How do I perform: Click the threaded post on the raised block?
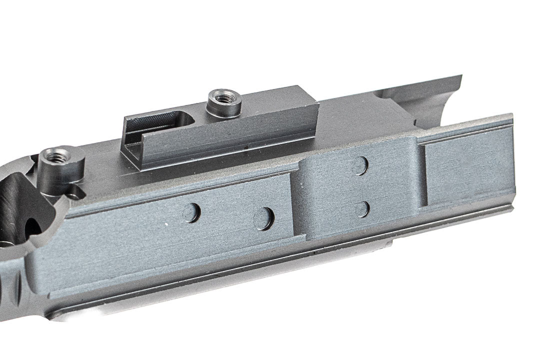(224, 102)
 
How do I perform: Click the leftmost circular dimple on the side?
(191, 212)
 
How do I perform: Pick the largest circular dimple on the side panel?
(264, 218)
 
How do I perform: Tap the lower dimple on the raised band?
(361, 208)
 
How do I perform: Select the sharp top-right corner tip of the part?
(460, 76)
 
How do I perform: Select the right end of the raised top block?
(315, 117)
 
